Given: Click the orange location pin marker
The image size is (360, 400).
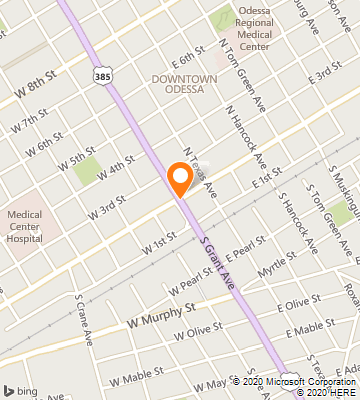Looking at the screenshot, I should [x=180, y=178].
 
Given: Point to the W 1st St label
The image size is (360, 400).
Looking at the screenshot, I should [x=159, y=243].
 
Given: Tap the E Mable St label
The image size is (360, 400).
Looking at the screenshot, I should [x=309, y=327].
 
